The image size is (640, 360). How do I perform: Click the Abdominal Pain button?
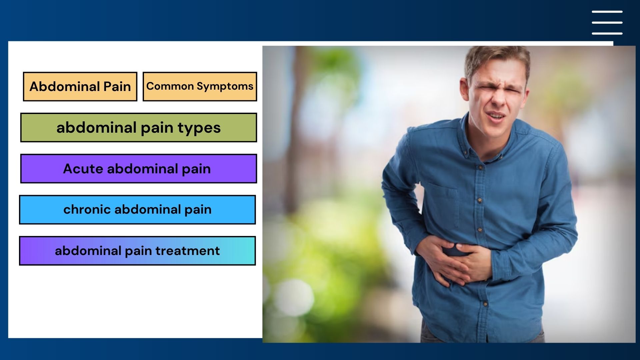(80, 87)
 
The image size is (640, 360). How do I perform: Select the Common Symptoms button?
(200, 87)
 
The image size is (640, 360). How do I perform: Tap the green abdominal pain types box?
(139, 128)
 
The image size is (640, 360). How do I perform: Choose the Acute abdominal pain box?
(139, 169)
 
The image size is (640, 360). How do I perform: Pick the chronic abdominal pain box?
(137, 210)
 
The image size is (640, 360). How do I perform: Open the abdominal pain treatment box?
(137, 251)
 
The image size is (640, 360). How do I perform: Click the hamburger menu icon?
(607, 22)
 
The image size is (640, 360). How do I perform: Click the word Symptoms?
(225, 87)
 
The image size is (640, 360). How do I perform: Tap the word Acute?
(83, 169)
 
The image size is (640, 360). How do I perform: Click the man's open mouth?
(496, 116)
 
